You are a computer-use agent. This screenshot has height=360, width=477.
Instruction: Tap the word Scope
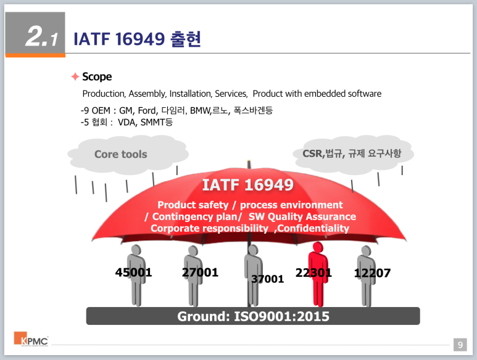point(97,76)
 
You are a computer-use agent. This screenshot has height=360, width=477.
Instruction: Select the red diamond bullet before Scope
point(75,76)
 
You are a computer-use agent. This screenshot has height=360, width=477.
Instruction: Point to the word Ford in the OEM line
point(147,111)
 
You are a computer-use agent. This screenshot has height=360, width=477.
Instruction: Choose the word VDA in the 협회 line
point(127,123)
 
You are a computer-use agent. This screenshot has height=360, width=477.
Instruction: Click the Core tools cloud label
point(121,154)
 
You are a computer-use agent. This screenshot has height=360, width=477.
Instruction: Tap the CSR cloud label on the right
point(352,153)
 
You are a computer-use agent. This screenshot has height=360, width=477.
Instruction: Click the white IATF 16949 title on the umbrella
point(247,184)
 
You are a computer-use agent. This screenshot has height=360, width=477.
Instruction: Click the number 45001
point(133,272)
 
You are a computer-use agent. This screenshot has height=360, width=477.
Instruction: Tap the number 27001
point(200,272)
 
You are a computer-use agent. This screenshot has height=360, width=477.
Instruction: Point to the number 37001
point(267,279)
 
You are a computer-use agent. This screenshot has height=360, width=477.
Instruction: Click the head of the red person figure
point(318,247)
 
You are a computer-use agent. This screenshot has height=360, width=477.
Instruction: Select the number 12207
point(372,272)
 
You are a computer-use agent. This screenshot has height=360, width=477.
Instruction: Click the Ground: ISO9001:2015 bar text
point(253,316)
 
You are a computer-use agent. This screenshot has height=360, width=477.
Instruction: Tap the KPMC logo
point(31,340)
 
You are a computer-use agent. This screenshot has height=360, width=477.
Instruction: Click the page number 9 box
point(459,345)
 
